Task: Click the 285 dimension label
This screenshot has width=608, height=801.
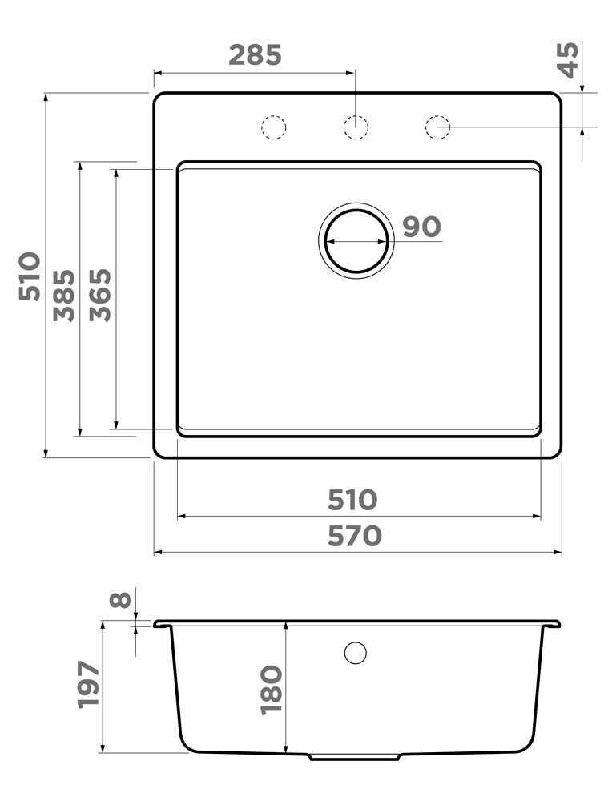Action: pyautogui.click(x=255, y=55)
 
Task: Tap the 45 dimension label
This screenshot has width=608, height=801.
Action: pyautogui.click(x=568, y=60)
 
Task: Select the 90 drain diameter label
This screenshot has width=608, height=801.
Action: pyautogui.click(x=421, y=227)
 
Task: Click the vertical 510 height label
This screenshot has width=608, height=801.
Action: pyautogui.click(x=30, y=276)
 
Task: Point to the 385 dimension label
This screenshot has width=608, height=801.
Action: pyautogui.click(x=64, y=296)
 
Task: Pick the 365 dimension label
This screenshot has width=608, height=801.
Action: pyautogui.click(x=100, y=295)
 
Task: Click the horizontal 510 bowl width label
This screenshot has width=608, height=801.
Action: pyautogui.click(x=352, y=500)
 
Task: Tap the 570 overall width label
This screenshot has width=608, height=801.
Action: pyautogui.click(x=355, y=536)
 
